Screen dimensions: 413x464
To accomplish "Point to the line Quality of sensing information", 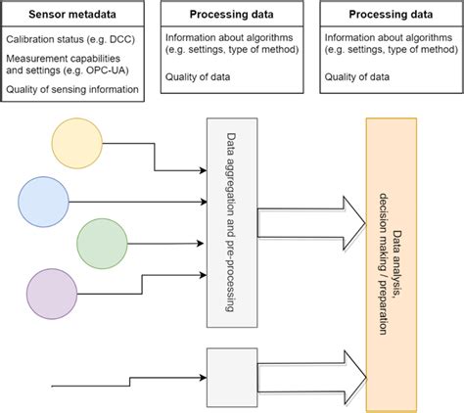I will pyautogui.click(x=74, y=91).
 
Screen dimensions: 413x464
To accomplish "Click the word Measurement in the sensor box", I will pyautogui.click(x=37, y=59).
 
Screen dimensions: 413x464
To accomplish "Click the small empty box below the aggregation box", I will pyautogui.click(x=233, y=371).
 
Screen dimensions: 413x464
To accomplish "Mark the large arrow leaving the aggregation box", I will pyautogui.click(x=305, y=223).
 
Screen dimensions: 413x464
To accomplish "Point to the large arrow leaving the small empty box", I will pyautogui.click(x=305, y=371).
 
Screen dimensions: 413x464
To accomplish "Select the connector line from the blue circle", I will pyautogui.click(x=137, y=203).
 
